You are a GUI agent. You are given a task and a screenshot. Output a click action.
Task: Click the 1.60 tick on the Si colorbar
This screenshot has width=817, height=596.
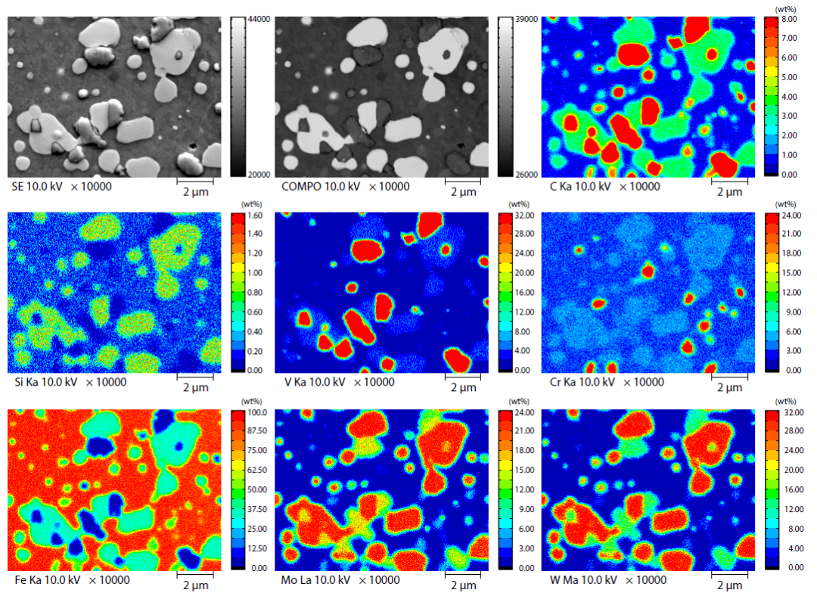click(x=251, y=216)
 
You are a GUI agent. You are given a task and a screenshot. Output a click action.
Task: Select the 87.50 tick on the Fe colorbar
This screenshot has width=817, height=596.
click(x=251, y=431)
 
